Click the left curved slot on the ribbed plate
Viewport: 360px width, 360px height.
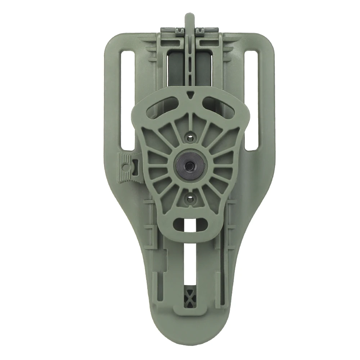click(x=162, y=107)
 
